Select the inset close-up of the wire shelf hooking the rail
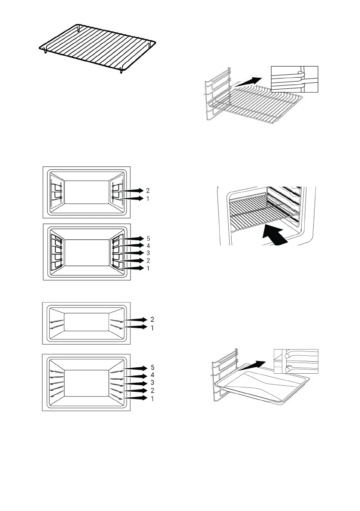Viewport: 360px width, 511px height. tap(295, 79)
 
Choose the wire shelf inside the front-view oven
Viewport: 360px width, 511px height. tap(262, 210)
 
